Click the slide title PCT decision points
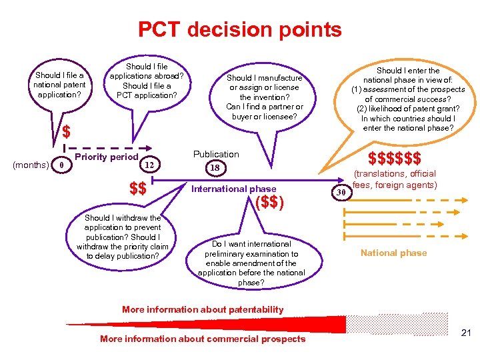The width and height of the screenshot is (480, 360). coord(239,29)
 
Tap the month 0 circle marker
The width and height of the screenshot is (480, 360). coord(61,164)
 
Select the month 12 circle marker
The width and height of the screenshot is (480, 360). coord(151,164)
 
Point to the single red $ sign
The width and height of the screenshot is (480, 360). coord(67,132)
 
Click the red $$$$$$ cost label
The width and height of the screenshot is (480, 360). coord(395,159)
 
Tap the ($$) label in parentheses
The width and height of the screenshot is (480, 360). coord(270,202)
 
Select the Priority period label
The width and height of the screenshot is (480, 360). coord(107,157)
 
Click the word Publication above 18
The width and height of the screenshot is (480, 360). coord(216,154)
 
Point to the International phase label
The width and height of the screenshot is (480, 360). coord(233,189)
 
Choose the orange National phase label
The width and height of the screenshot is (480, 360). coord(393,253)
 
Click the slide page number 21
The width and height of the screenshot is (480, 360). coord(467,333)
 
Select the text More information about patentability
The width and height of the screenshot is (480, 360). coord(203,309)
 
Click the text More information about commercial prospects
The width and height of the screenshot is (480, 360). coord(203,339)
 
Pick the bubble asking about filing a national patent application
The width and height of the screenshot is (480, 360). coord(59,85)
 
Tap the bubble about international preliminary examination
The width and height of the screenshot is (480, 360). coord(251,263)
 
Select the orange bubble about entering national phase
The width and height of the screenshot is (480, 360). coord(408,99)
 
